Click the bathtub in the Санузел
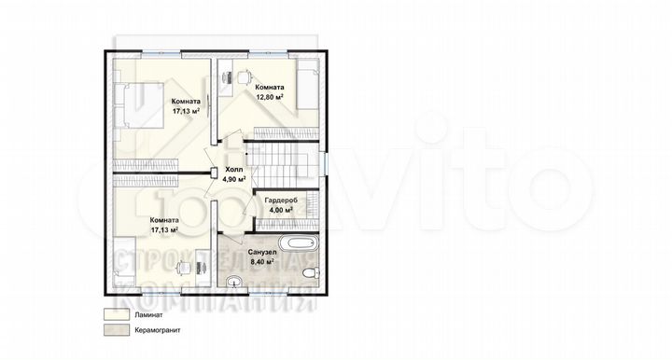299,243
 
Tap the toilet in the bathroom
310,271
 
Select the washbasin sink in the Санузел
234,282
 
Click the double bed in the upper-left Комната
138,104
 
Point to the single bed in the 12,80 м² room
308,85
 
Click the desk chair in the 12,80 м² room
244,77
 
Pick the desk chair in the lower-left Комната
183,268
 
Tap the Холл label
233,170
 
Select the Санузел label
262,252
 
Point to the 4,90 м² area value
234,179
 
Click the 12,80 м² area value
270,97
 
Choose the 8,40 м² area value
261,261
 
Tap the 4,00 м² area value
281,210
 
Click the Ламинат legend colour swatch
117,314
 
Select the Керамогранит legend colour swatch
117,329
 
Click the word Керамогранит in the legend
158,330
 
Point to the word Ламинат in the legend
148,314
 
